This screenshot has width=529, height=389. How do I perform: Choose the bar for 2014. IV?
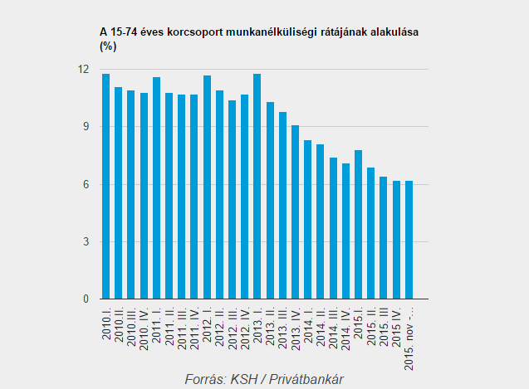pos(345,231)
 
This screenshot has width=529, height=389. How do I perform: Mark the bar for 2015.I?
pos(358,225)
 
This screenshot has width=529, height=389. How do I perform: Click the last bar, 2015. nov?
pos(409,240)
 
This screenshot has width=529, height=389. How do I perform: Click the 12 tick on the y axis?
pos(83,69)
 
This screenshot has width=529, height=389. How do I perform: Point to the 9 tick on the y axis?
pos(85,127)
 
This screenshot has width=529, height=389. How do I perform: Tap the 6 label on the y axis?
pos(85,184)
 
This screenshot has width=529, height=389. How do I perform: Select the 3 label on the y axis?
pos(85,242)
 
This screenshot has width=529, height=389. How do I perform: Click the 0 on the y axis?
pos(85,299)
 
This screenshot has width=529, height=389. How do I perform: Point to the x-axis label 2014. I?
pos(308,323)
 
